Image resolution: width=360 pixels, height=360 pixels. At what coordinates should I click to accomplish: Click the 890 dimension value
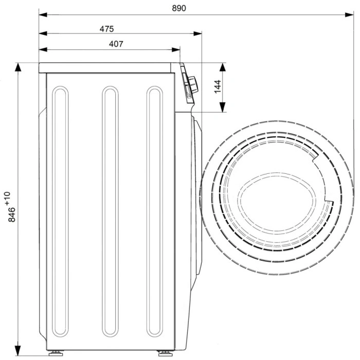[179, 8]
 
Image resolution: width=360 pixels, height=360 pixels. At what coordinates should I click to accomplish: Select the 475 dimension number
[107, 29]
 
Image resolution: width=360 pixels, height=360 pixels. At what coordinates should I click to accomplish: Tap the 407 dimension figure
[116, 44]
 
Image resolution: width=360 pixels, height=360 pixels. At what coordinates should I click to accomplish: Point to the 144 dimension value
[218, 86]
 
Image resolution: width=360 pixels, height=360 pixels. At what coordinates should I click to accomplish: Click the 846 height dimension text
[12, 214]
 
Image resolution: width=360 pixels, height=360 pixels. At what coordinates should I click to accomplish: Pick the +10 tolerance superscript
[7, 198]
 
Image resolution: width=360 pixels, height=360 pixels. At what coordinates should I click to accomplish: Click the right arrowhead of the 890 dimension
[349, 15]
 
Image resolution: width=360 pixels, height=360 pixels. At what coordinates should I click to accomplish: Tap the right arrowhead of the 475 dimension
[197, 33]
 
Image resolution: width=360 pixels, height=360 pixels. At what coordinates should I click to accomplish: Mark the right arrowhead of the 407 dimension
[176, 49]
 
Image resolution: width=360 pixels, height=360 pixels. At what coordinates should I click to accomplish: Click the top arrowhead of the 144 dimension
[223, 67]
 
